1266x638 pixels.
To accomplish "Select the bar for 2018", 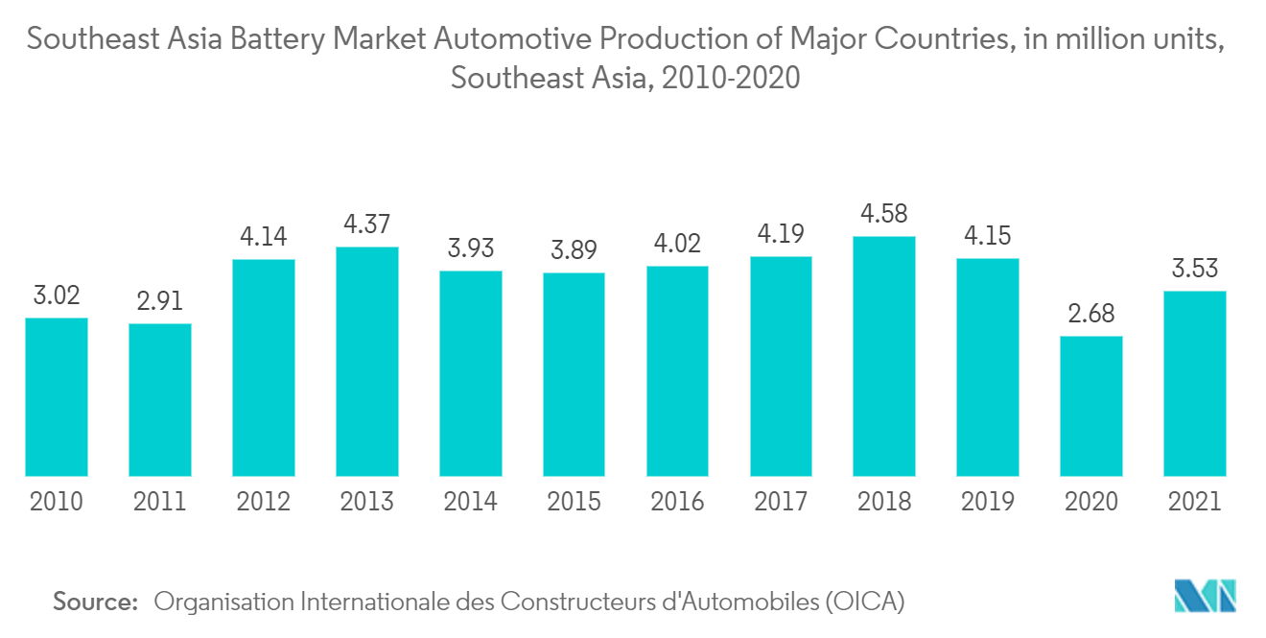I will [884, 356].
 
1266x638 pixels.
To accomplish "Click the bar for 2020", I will [1091, 406].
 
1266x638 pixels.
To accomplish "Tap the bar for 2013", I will [367, 362].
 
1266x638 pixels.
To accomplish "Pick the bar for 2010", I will [57, 396].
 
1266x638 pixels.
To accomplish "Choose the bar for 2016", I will [677, 370].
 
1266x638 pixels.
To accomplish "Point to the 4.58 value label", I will [884, 213].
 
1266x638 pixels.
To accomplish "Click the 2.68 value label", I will [1091, 314].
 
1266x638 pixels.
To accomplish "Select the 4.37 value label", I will [367, 224].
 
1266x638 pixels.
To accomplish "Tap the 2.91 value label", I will [160, 301].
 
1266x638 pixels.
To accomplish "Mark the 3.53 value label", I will [1194, 269].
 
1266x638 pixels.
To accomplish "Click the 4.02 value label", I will [677, 244].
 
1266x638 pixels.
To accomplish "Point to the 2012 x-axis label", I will [264, 501].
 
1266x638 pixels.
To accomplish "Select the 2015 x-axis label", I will [574, 501].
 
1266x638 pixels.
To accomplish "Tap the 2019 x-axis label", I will [988, 501].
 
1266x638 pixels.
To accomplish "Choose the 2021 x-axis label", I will [1194, 501].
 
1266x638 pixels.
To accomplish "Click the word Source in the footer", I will [95, 603].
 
